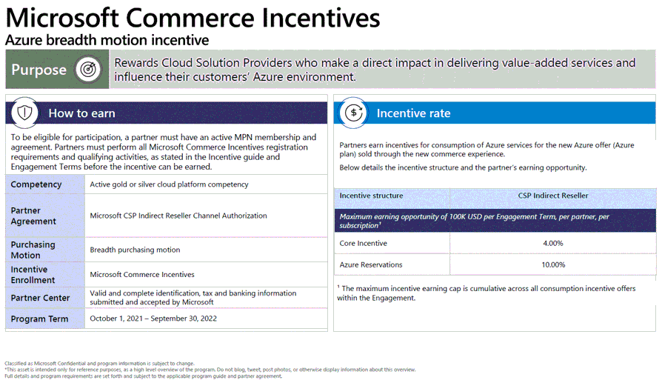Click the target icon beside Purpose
tap(88, 69)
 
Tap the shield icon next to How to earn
tap(24, 113)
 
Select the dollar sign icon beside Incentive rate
tap(354, 113)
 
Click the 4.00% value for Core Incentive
tap(552, 243)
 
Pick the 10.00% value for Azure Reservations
tap(553, 264)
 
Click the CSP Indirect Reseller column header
tap(553, 196)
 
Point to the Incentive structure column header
tap(371, 196)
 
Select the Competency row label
tap(36, 184)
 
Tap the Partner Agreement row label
tap(33, 216)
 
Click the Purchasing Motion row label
tap(33, 250)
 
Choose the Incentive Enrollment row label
tap(33, 274)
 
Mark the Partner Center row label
tap(40, 298)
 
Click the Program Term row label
tap(39, 319)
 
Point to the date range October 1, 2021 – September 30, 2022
tap(153, 319)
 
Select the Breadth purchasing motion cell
tap(135, 250)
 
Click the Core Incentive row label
tap(363, 243)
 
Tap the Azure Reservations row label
tap(371, 264)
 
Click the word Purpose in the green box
tap(39, 70)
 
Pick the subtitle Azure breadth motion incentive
tap(107, 40)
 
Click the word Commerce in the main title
tap(190, 18)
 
